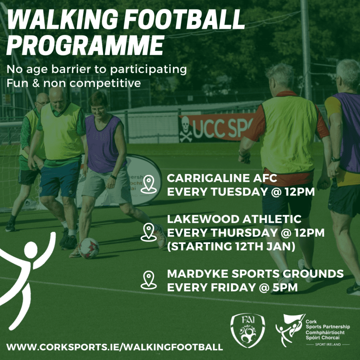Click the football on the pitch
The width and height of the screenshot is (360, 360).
click(89, 248)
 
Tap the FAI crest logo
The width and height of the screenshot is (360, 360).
click(247, 330)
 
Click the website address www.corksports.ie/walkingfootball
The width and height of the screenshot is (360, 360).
click(115, 347)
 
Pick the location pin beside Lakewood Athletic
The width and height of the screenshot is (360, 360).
click(149, 232)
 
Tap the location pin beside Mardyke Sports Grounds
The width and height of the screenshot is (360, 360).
click(149, 280)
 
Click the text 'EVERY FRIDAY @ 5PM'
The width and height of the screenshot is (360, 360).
click(232, 288)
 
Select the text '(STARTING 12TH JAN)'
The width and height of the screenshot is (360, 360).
click(231, 246)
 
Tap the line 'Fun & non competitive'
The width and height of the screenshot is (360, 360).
click(74, 84)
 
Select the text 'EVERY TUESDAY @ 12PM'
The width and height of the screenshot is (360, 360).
click(239, 192)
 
